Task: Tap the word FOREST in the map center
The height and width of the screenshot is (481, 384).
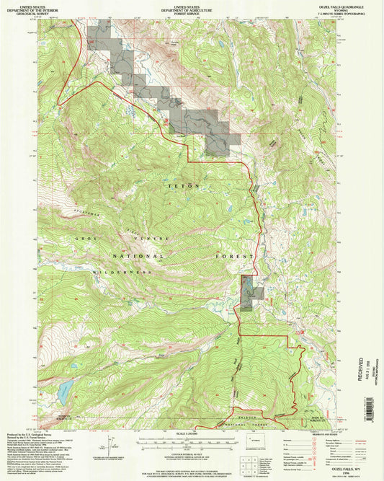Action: (x=238, y=256)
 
